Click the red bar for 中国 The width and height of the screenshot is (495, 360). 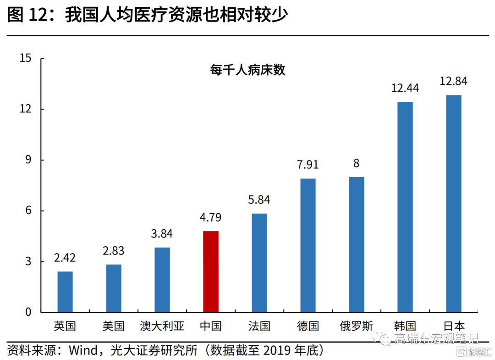[211, 271]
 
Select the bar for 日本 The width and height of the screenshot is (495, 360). [454, 204]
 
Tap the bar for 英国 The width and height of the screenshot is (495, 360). [65, 292]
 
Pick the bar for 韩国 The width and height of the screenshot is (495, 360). [405, 207]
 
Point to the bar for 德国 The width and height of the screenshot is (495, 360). [308, 245]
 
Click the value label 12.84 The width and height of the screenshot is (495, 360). [453, 82]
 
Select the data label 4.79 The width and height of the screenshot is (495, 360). [211, 217]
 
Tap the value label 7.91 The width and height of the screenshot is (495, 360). [308, 165]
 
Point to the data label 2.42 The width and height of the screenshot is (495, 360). [65, 258]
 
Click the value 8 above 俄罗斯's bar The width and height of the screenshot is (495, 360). [356, 163]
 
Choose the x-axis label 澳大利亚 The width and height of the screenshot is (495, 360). [162, 326]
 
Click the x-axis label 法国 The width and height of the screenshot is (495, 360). [259, 326]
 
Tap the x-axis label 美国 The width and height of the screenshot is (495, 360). [114, 326]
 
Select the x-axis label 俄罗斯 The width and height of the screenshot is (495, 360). [357, 326]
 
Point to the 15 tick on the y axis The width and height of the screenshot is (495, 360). [26, 58]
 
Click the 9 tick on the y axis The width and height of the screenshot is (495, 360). [28, 160]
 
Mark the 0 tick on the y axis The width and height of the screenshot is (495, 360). [28, 312]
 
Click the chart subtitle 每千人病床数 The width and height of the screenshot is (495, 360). [247, 70]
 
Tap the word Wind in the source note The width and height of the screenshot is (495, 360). [83, 351]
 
